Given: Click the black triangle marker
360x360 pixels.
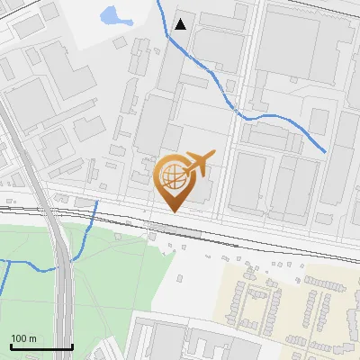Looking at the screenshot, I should [x=182, y=24].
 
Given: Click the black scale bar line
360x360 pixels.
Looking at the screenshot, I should [x=40, y=346].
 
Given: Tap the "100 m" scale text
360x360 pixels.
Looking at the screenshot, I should [x=23, y=338].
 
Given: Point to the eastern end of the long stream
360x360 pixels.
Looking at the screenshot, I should [x=325, y=151].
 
